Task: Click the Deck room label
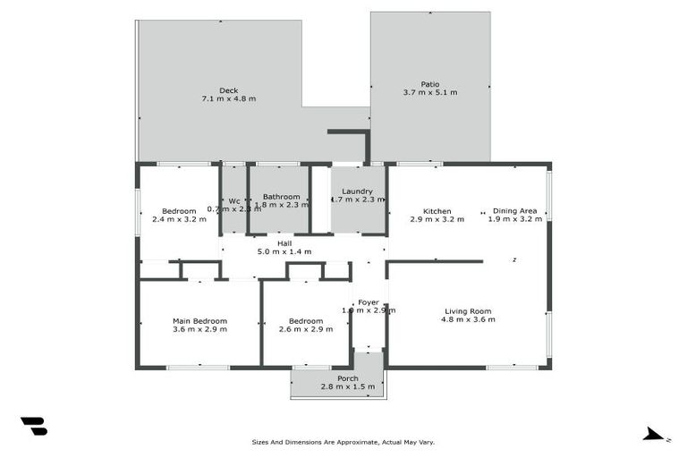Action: pos(229,89)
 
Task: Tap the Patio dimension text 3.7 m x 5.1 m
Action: pos(430,93)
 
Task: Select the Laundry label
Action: pos(358,191)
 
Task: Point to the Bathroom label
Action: pos(281,196)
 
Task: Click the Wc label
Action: pos(233,200)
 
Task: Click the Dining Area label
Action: pos(515,211)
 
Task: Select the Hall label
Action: pos(284,243)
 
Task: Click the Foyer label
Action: pos(368,302)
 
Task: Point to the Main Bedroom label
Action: pos(199,320)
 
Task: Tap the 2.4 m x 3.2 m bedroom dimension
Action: pos(179,219)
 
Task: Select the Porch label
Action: pos(348,378)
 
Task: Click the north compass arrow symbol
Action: pos(655,435)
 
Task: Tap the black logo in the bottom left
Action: pos(33,427)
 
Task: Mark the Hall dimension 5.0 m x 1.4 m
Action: pos(284,252)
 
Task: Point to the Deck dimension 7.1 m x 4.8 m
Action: pos(229,98)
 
